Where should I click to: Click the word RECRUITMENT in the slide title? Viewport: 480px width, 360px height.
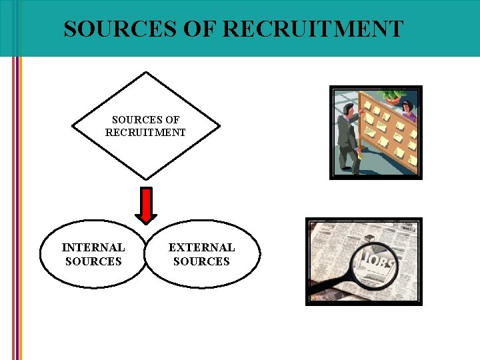pos(313,29)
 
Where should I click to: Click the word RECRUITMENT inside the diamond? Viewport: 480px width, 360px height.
pos(145,132)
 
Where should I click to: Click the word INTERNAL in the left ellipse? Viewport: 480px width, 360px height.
pos(93,247)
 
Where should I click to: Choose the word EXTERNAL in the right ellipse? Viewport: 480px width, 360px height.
pos(201,247)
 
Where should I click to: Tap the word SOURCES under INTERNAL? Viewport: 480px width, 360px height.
pos(93,261)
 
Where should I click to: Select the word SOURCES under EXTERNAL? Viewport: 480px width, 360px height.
pos(201,261)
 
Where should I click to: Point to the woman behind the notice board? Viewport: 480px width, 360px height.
pos(407,109)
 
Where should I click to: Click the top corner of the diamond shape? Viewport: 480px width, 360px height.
pos(146,73)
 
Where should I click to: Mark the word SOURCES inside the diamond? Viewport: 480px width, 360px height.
pos(145,120)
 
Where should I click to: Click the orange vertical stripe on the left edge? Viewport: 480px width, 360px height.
pos(20,200)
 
